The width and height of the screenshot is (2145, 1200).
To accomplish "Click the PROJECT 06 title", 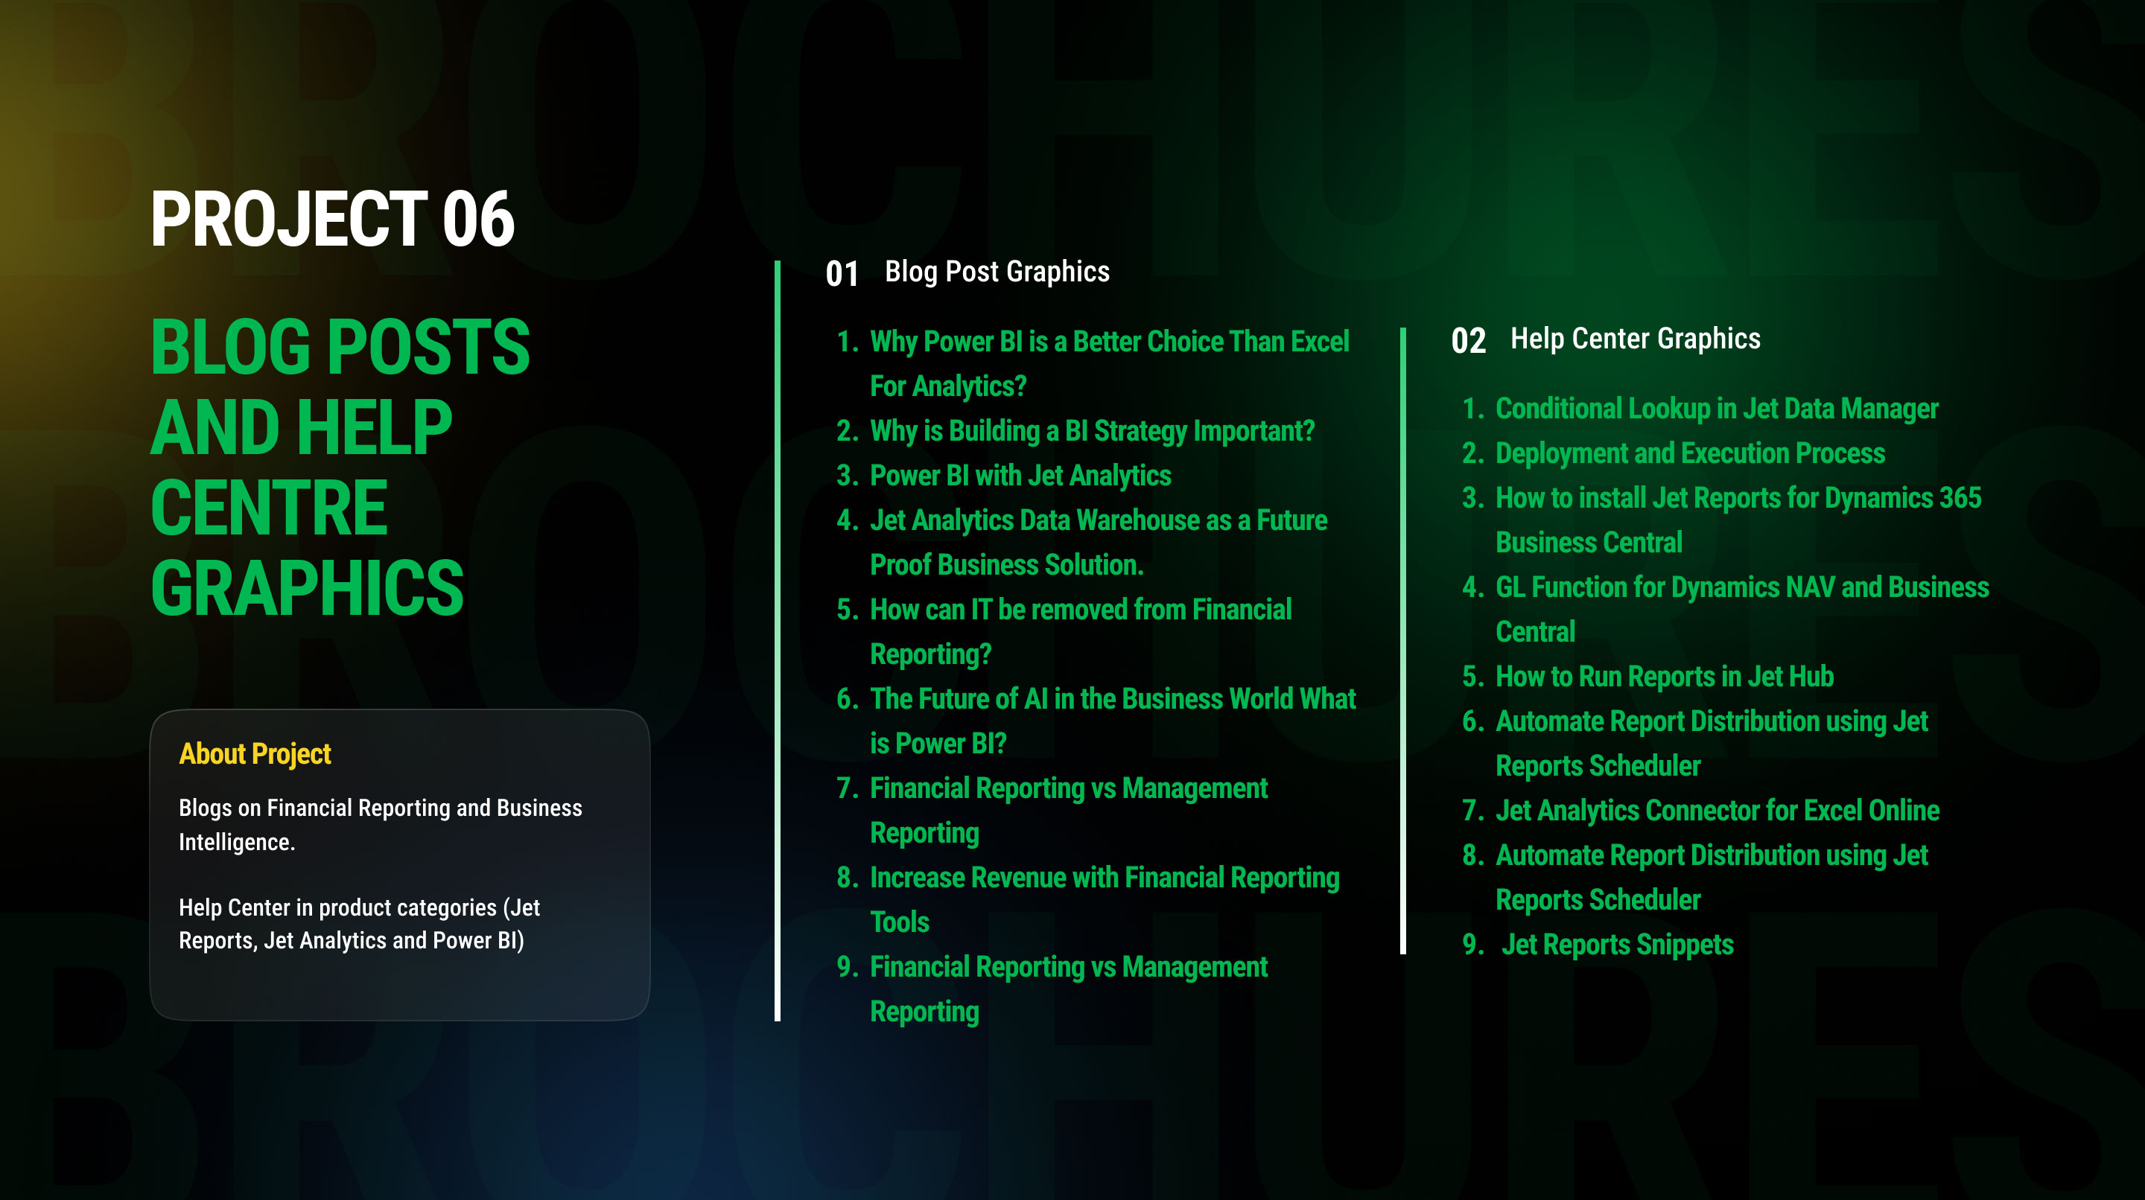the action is point(332,219).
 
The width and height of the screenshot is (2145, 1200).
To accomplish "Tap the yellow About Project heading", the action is point(255,754).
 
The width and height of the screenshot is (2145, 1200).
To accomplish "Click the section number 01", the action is point(842,274).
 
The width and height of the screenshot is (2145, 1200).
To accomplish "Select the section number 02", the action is point(1468,341).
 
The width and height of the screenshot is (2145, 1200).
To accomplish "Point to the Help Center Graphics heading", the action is point(1636,339).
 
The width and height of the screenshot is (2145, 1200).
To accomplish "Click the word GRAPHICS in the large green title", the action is point(308,587).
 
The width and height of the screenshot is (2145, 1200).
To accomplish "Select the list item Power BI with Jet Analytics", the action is point(1020,476).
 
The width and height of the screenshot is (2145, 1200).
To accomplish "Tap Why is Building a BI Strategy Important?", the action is point(1092,431).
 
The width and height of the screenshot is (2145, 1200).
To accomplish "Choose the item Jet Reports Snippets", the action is point(1617,945).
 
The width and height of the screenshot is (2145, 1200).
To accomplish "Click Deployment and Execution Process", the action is point(1689,453).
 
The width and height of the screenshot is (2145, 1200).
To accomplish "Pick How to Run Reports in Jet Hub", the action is point(1665,677).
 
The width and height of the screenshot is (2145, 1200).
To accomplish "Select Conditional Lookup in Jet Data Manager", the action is point(1716,409).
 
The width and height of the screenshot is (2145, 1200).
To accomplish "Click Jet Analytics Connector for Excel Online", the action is point(1717,811).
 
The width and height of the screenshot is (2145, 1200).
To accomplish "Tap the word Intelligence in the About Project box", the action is point(237,843).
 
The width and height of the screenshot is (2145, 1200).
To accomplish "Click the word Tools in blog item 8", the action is point(899,923).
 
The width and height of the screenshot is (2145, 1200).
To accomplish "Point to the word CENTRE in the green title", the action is point(269,508).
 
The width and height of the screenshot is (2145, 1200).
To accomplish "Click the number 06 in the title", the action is point(479,219).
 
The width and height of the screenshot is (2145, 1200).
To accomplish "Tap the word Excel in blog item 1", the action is point(1320,342).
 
